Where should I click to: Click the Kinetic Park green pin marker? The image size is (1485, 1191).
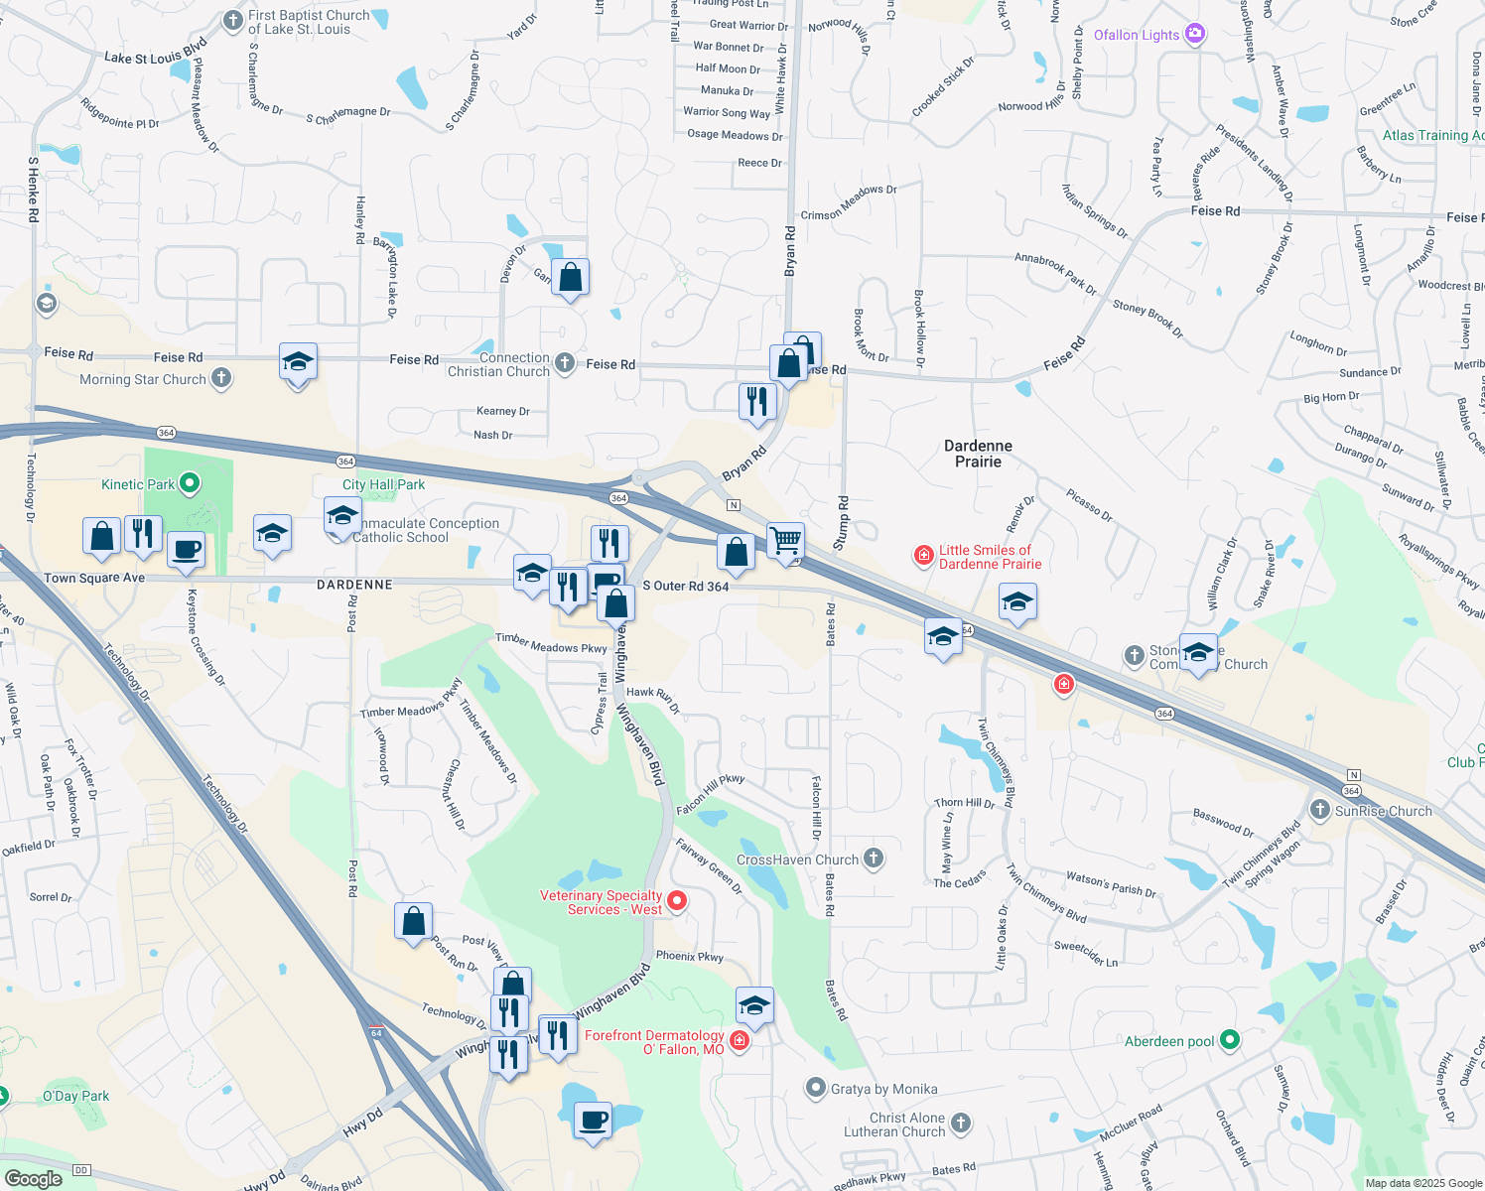point(191,484)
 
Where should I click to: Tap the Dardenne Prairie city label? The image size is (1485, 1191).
point(978,454)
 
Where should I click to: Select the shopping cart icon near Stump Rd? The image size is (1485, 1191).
point(785,541)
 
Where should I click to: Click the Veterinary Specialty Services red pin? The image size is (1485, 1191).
point(677,901)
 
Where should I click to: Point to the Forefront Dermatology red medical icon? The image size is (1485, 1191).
point(739,1040)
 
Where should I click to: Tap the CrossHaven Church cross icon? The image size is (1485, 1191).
point(873,859)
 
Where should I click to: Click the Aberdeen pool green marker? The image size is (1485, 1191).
point(1230,1040)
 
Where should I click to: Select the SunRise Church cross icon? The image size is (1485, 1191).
point(1319,810)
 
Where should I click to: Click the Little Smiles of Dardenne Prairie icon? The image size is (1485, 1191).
point(923,555)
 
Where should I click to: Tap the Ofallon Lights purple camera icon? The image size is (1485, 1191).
point(1195,34)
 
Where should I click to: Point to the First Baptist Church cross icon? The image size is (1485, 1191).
point(232,20)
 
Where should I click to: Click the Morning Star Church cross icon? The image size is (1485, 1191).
point(221,378)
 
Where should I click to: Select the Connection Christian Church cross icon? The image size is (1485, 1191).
point(565,363)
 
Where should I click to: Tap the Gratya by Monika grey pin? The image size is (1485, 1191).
point(815,1089)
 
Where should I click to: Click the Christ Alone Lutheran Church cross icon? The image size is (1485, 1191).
point(960,1124)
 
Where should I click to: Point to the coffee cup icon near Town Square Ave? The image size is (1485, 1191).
point(186,550)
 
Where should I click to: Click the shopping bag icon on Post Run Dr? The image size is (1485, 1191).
point(413,921)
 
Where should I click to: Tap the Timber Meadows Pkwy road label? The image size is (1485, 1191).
point(551,643)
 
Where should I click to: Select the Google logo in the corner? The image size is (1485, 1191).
point(33,1178)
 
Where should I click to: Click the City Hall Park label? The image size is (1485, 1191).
point(383,484)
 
